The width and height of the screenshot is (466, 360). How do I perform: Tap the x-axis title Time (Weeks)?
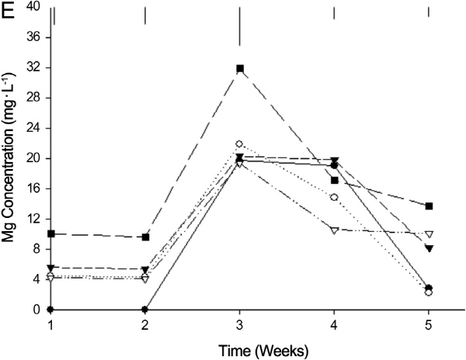pyautogui.click(x=239, y=350)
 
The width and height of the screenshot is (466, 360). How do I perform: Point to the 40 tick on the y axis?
pyautogui.click(x=33, y=7)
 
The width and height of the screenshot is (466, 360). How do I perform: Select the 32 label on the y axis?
pyautogui.click(x=33, y=67)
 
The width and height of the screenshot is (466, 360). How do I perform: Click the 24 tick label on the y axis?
pyautogui.click(x=33, y=128)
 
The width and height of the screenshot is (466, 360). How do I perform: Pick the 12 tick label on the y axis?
pyautogui.click(x=33, y=219)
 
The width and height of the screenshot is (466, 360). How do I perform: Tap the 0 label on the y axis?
pyautogui.click(x=36, y=310)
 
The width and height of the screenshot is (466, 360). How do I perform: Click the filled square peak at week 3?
pyautogui.click(x=240, y=68)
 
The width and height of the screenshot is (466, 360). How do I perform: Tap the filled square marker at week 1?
pyautogui.click(x=51, y=234)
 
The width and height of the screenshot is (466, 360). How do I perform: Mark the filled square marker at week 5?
pyautogui.click(x=429, y=206)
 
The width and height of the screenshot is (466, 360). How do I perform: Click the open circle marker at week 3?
pyautogui.click(x=239, y=144)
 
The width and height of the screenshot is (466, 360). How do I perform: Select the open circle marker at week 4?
pyautogui.click(x=334, y=197)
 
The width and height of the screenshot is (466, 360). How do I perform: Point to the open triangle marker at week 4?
pyautogui.click(x=334, y=230)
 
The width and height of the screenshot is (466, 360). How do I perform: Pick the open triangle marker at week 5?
pyautogui.click(x=429, y=234)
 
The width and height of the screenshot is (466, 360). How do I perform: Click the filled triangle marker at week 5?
pyautogui.click(x=429, y=248)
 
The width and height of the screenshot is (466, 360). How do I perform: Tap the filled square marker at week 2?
pyautogui.click(x=145, y=237)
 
